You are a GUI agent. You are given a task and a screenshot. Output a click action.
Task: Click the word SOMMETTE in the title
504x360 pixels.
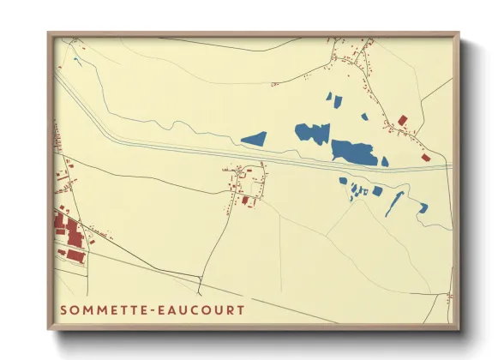click(102, 309)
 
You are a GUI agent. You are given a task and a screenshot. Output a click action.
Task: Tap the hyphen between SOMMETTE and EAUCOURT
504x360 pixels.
click(149, 309)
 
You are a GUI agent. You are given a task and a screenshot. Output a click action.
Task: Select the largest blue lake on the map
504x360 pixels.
click(355, 152)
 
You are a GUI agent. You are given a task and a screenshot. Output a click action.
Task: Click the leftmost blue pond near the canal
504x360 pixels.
click(254, 137)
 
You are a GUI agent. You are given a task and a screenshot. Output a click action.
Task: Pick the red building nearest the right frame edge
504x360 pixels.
click(424, 157)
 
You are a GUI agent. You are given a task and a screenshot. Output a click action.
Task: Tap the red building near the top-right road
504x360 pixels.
click(402, 120)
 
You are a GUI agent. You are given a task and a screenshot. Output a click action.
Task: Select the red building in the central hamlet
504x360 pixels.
click(246, 201)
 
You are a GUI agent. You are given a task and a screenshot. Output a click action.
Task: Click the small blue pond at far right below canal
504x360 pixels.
click(423, 207)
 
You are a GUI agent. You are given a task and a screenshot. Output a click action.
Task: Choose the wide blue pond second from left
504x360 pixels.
click(312, 133)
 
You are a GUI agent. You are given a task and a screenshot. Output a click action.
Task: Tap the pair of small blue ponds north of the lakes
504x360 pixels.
click(333, 99)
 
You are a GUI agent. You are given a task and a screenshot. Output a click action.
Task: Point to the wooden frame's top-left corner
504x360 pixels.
click(49, 34)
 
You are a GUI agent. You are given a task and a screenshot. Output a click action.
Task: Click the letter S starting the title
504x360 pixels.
click(64, 309)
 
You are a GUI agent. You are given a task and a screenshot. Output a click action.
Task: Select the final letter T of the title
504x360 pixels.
click(240, 309)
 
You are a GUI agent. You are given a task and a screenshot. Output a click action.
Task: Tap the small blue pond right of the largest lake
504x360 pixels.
click(384, 160)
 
